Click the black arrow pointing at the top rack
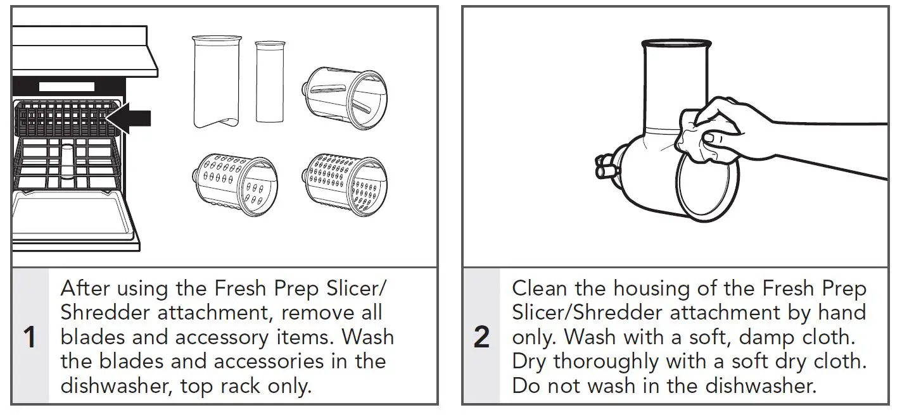click(x=130, y=118)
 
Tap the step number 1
click(x=29, y=337)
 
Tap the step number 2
click(x=481, y=337)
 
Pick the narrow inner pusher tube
click(x=270, y=82)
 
